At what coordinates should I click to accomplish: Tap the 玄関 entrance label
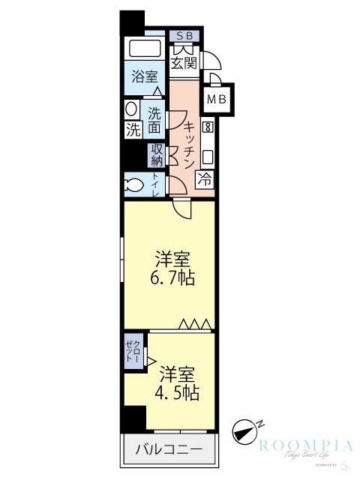tap(184, 63)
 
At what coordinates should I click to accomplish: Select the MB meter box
tap(217, 98)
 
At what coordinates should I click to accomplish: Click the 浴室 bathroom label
tap(144, 76)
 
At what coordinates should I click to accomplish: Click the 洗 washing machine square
tap(133, 129)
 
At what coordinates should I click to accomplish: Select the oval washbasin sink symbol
tap(131, 109)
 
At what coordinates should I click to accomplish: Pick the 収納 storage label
tap(157, 154)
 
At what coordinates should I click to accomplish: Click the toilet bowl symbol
tap(136, 184)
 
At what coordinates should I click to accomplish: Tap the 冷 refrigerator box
tap(205, 179)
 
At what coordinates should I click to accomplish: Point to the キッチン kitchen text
tap(190, 145)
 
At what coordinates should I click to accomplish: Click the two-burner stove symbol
tap(207, 127)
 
